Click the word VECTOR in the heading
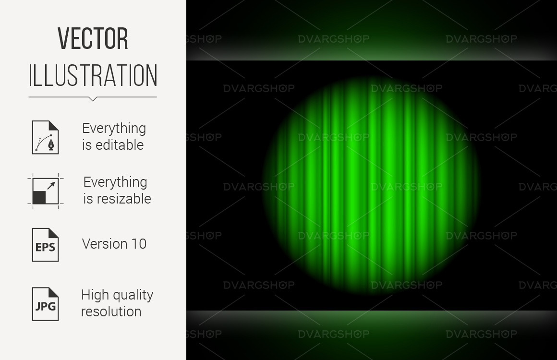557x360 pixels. (x=93, y=38)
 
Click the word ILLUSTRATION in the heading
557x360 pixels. (x=93, y=75)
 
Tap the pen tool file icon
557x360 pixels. (x=46, y=137)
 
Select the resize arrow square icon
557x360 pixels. (x=46, y=191)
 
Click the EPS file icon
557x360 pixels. (x=46, y=245)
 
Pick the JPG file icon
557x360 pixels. (x=46, y=304)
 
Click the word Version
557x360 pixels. (x=105, y=244)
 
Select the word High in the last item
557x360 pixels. (x=94, y=295)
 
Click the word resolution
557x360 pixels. (x=111, y=312)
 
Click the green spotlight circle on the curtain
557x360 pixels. (x=371, y=185)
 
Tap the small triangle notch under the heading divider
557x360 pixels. (x=92, y=99)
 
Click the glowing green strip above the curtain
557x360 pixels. (x=372, y=53)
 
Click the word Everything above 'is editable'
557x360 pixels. (x=114, y=129)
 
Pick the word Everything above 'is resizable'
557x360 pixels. (x=115, y=182)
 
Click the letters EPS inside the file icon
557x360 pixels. (x=45, y=247)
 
